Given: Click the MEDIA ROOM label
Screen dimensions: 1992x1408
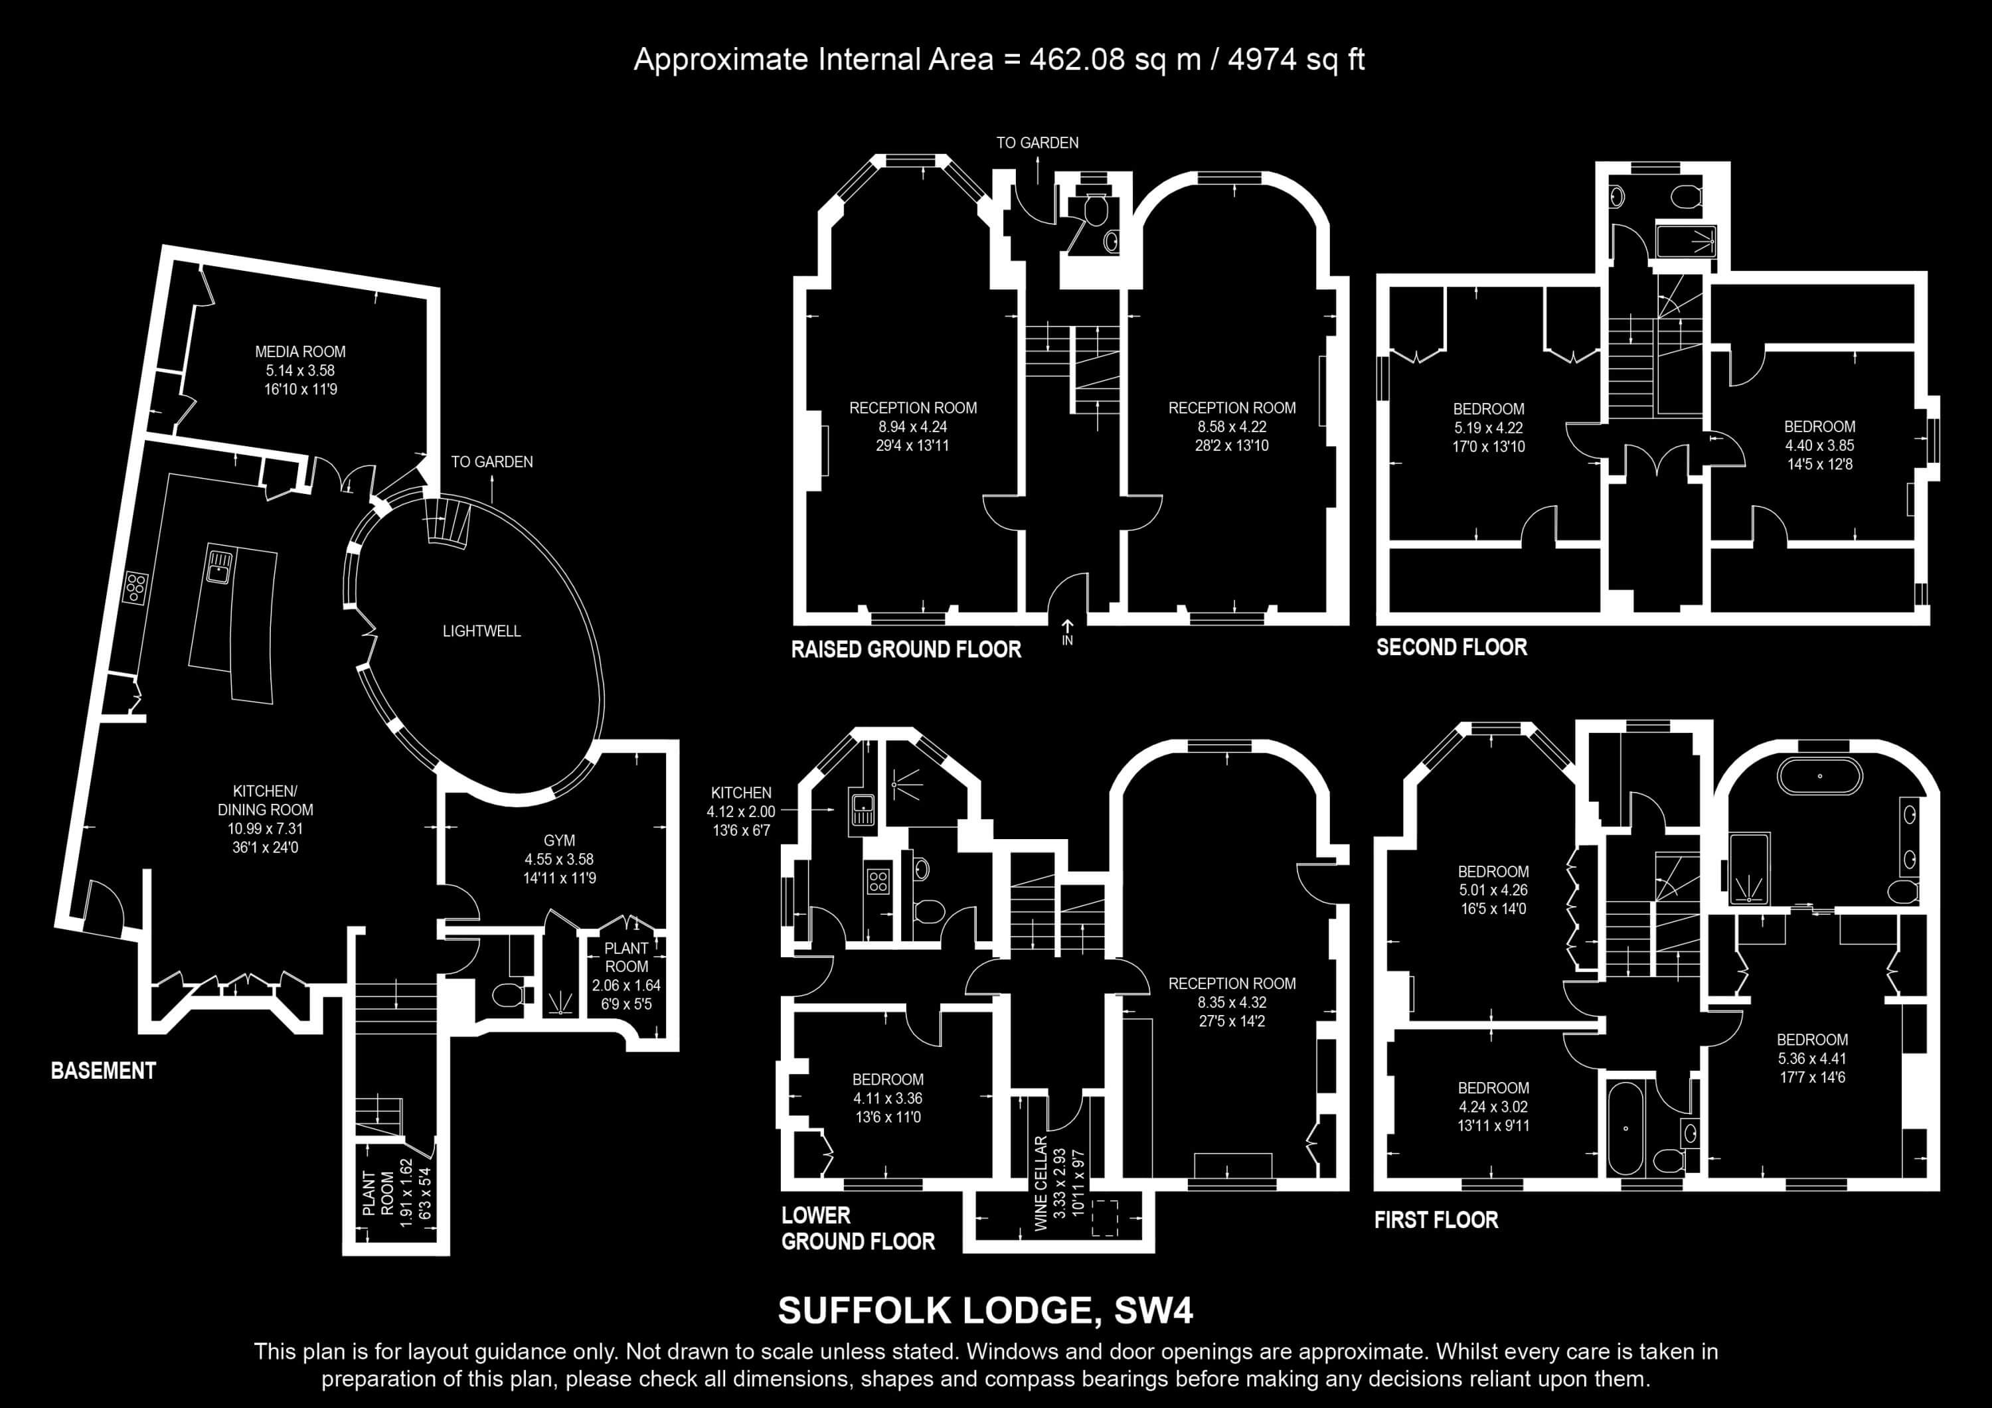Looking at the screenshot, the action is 300,351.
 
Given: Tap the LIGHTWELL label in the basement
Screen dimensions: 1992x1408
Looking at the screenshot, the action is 481,631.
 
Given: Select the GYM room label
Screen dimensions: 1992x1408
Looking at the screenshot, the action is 560,840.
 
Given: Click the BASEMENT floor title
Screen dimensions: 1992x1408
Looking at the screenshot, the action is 103,1071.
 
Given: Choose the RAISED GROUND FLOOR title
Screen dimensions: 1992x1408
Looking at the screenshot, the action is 906,649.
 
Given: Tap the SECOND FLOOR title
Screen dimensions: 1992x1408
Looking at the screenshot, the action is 1452,647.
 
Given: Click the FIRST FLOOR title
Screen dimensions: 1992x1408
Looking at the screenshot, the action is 1436,1219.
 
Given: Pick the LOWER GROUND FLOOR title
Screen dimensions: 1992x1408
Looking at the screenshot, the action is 858,1228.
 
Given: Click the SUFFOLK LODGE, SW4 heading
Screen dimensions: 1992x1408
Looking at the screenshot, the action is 985,1310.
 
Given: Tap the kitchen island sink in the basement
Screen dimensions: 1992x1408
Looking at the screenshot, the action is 218,566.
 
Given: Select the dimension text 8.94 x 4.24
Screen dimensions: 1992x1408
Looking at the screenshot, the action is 913,427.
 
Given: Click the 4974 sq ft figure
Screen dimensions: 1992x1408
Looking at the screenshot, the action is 1296,59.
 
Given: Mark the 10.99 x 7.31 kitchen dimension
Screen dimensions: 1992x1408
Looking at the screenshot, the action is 266,828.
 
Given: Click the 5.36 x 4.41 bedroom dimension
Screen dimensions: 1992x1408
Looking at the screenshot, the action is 1813,1058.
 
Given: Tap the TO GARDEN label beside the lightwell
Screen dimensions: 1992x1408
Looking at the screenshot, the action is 492,461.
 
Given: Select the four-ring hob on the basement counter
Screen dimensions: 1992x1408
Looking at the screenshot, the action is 136,587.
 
